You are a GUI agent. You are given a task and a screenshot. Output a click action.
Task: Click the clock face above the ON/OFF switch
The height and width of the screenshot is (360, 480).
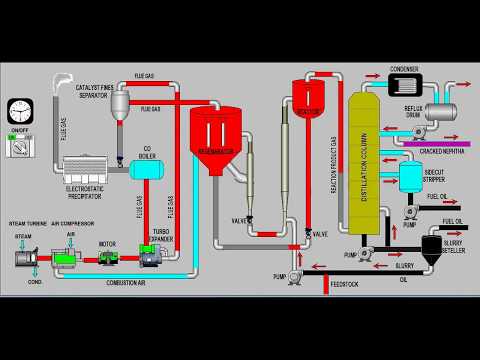pyautogui.click(x=19, y=111)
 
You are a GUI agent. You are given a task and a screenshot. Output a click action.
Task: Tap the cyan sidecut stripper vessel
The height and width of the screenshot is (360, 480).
pyautogui.click(x=411, y=177)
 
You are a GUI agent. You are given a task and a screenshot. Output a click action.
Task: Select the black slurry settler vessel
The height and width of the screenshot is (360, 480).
pyautogui.click(x=433, y=247)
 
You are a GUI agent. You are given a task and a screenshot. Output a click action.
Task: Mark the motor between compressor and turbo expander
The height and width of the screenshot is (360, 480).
pyautogui.click(x=107, y=257)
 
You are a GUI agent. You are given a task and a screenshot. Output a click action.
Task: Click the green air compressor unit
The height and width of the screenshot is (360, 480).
pyautogui.click(x=67, y=258)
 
